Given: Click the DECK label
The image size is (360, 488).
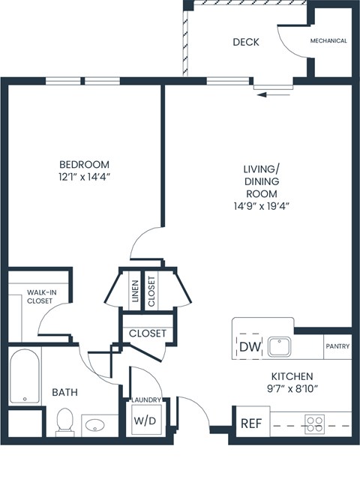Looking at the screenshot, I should click(x=245, y=42).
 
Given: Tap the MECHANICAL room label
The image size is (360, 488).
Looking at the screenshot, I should click(x=328, y=41).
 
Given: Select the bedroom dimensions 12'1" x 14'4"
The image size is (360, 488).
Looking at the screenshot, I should click(x=84, y=178).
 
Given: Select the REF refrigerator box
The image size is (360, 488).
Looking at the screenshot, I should click(x=250, y=423).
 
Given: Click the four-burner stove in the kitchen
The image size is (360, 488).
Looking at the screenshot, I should click(x=315, y=424).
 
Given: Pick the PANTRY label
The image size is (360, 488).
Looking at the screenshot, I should click(x=337, y=346).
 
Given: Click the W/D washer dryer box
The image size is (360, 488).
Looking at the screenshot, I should click(x=145, y=421).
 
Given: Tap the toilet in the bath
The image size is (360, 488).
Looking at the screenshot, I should click(x=64, y=421).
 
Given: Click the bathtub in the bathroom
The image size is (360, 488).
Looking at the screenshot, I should click(x=25, y=377).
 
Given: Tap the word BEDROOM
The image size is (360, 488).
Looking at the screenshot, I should click(x=84, y=165).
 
